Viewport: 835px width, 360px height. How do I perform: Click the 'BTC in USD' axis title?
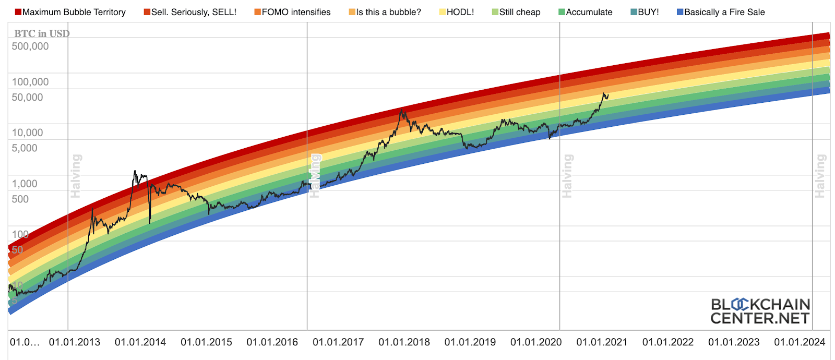[42, 34]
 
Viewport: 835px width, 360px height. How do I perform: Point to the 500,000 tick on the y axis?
[30, 46]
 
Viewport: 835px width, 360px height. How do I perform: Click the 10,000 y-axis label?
[28, 133]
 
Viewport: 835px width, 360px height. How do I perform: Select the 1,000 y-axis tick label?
[25, 184]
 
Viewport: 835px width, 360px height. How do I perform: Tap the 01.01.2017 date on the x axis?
[338, 342]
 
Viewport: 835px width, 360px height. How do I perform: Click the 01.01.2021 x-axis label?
[602, 342]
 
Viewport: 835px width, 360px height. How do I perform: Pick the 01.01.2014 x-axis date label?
[140, 342]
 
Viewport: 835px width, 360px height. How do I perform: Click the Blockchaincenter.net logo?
[760, 311]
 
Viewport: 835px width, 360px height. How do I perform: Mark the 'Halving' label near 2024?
[820, 176]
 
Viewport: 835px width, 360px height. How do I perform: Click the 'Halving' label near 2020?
[567, 176]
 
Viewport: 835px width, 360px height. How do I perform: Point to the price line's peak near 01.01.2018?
[401, 109]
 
